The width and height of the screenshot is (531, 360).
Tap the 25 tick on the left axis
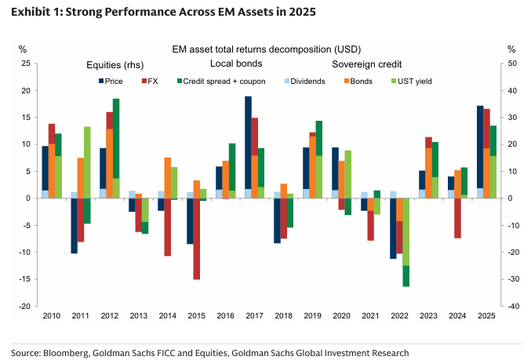[x=25, y=64]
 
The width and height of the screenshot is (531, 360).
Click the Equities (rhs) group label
[x=112, y=64]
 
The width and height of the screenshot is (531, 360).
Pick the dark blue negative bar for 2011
[x=74, y=225]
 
